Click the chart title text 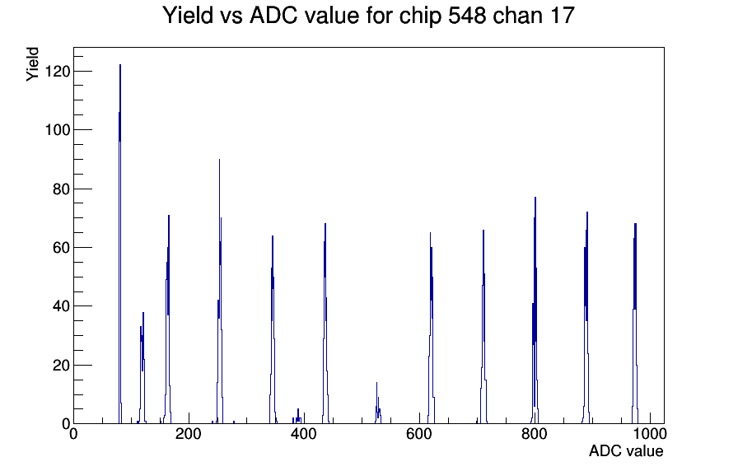(x=368, y=15)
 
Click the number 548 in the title (x=466, y=15)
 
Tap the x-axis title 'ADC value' (x=626, y=450)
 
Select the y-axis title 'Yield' (x=32, y=64)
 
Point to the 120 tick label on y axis (x=58, y=71)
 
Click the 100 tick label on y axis (x=58, y=130)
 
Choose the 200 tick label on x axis (x=189, y=434)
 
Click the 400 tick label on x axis (x=304, y=434)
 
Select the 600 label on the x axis (x=419, y=434)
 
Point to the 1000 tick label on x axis (x=649, y=434)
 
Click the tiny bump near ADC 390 (x=298, y=417)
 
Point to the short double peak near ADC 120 (x=142, y=367)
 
